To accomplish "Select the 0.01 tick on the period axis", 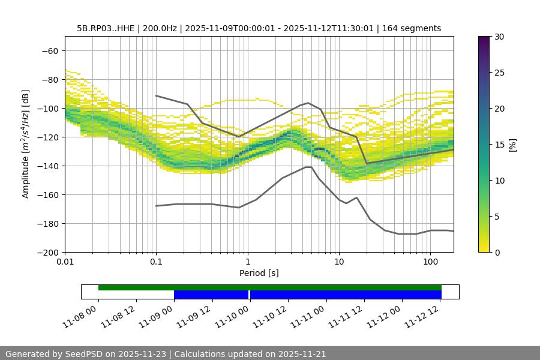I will [65, 262].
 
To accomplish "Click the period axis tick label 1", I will [247, 262].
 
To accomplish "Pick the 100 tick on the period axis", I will [430, 262].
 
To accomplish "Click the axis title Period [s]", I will [259, 273].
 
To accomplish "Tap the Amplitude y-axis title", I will [26, 144].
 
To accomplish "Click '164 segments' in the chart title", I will [413, 28].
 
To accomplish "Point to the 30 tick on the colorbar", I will [499, 37].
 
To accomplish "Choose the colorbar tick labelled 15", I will [499, 144].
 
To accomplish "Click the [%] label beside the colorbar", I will [512, 144].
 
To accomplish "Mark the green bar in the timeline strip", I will [270, 287].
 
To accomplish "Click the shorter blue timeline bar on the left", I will [211, 295].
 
